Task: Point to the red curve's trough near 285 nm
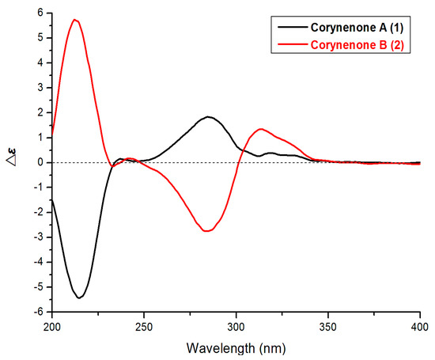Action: click(207, 231)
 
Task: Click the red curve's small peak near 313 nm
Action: click(260, 129)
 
